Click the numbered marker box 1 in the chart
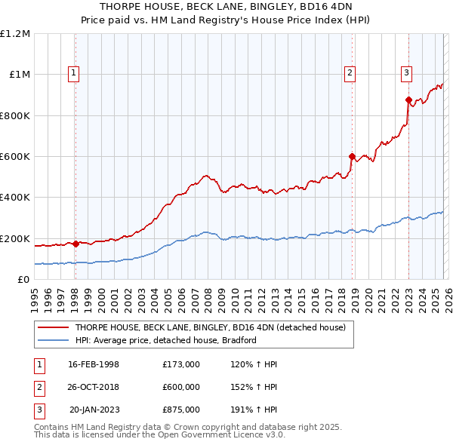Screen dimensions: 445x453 click(x=74, y=73)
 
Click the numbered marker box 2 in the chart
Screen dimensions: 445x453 click(x=350, y=73)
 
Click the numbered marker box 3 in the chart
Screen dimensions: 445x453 click(x=406, y=73)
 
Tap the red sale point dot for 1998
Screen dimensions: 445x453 click(x=75, y=244)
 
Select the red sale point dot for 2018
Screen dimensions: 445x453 click(x=352, y=157)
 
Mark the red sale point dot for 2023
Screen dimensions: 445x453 click(x=408, y=100)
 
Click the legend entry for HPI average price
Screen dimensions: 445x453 click(x=166, y=340)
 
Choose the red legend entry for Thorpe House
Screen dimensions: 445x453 click(x=210, y=327)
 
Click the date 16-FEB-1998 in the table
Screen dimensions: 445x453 click(x=94, y=364)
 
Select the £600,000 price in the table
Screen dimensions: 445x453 click(x=181, y=387)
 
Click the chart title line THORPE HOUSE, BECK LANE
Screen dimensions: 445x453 click(x=226, y=7)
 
